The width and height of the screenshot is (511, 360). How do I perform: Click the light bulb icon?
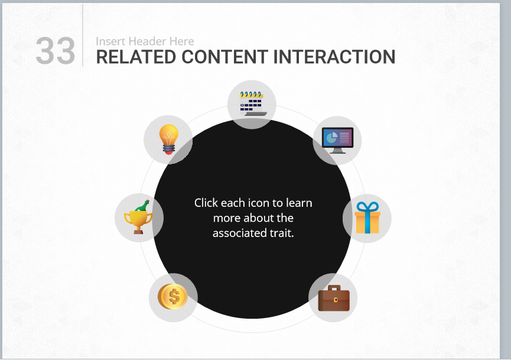168,140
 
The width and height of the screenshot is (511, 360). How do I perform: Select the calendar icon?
253,103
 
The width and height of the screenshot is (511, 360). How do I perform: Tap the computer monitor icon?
338,140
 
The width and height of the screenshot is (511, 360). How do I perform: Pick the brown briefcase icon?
334,298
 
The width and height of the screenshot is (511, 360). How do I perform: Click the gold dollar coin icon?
172,296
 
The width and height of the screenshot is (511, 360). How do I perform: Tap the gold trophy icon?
138,217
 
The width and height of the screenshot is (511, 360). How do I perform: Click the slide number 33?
56,51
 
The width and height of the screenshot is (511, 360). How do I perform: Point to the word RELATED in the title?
136,57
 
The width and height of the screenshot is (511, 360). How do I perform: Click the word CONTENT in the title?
225,57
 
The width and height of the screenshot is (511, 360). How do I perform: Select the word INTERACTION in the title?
334,57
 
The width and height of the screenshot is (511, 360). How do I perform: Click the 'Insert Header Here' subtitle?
145,41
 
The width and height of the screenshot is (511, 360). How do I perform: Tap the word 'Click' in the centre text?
206,203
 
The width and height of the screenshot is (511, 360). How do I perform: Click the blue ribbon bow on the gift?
367,207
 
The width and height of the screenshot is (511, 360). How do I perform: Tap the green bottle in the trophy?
143,206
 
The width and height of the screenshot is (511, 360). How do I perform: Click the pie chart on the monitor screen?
330,138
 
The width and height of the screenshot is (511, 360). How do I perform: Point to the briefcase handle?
334,288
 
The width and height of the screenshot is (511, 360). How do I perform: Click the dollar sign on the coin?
174,297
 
